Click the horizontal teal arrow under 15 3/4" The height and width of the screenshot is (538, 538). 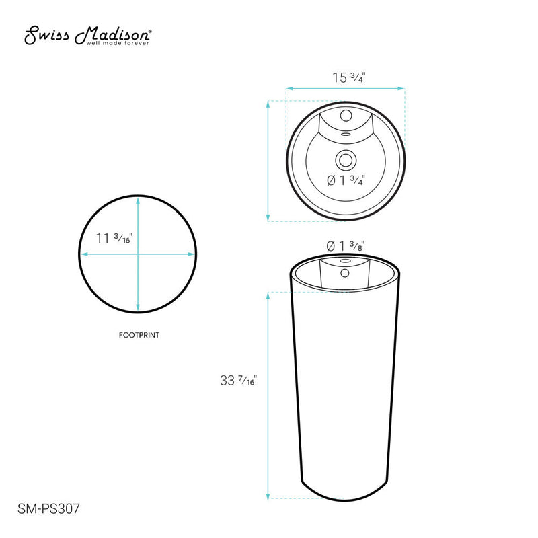point(346,88)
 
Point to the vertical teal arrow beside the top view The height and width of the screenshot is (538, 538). point(269,161)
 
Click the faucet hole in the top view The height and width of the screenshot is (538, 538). point(346,115)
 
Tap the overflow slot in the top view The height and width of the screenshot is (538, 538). point(346,133)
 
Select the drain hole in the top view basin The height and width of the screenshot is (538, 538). point(346,160)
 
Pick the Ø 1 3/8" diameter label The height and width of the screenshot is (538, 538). point(346,246)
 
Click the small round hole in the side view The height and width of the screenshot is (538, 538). point(346,273)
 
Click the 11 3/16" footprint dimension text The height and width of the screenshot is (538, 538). point(114,238)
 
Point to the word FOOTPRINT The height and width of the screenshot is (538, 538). point(139,334)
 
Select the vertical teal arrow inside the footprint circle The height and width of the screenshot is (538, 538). point(139,282)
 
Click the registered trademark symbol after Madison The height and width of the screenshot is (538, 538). point(149,32)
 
